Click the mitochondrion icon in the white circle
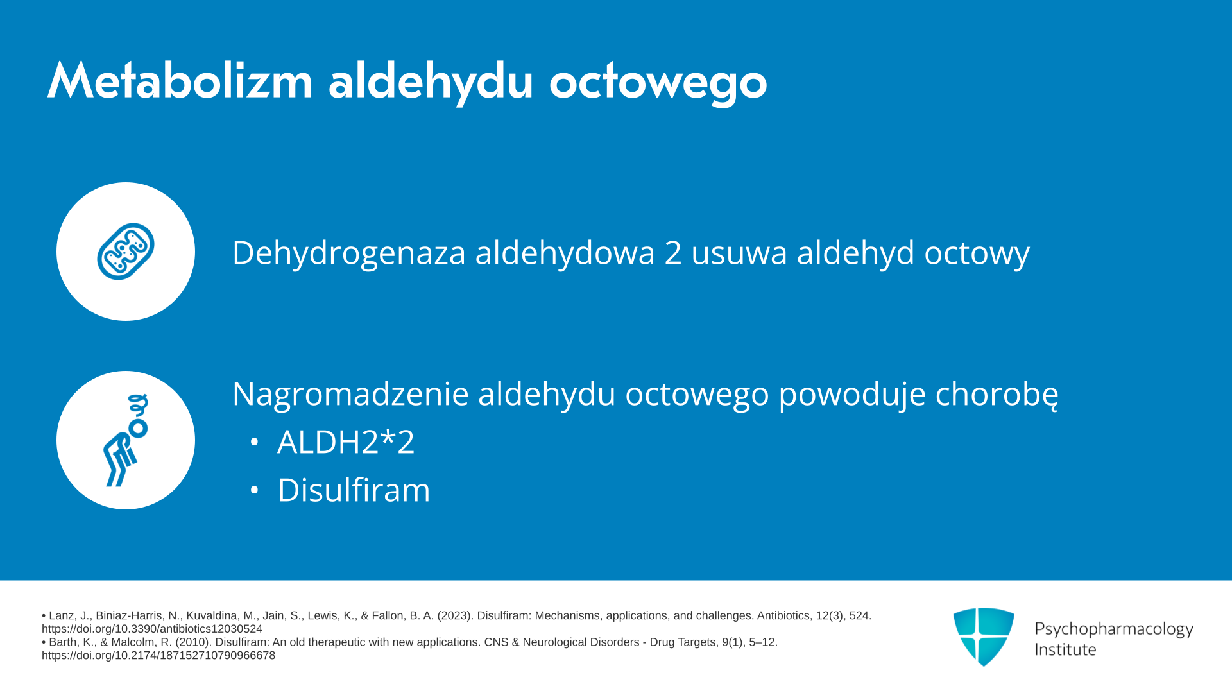tap(126, 252)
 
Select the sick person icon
tap(126, 440)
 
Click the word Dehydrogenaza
tap(348, 253)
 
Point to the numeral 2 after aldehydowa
tap(673, 252)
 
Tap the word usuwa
tap(739, 253)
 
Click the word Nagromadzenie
tap(350, 394)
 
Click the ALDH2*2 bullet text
tap(346, 442)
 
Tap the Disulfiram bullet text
tap(354, 490)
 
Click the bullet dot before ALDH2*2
tap(254, 442)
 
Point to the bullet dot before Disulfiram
tap(254, 490)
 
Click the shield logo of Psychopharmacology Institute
tap(984, 637)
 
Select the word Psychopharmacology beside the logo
tap(1114, 629)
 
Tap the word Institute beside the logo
tap(1065, 649)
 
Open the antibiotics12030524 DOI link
tap(152, 629)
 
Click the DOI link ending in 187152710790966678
tap(158, 655)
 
